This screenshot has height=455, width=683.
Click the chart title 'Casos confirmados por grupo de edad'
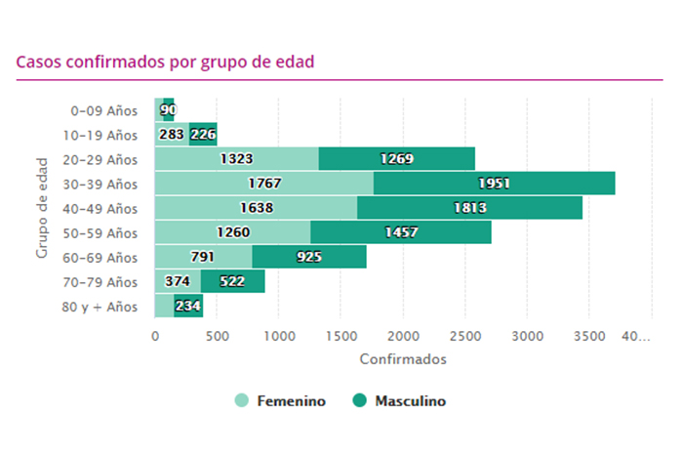[165, 61]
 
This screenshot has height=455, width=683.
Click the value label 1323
[237, 159]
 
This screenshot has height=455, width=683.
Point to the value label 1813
[470, 208]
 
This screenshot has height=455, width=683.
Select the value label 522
[232, 282]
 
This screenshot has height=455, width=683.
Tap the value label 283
[171, 135]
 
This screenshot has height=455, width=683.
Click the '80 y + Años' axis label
[101, 307]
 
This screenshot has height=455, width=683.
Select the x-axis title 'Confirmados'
[402, 359]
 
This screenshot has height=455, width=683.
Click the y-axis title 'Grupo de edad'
[42, 209]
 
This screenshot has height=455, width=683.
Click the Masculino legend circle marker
[358, 400]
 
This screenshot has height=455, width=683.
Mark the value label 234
[188, 307]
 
